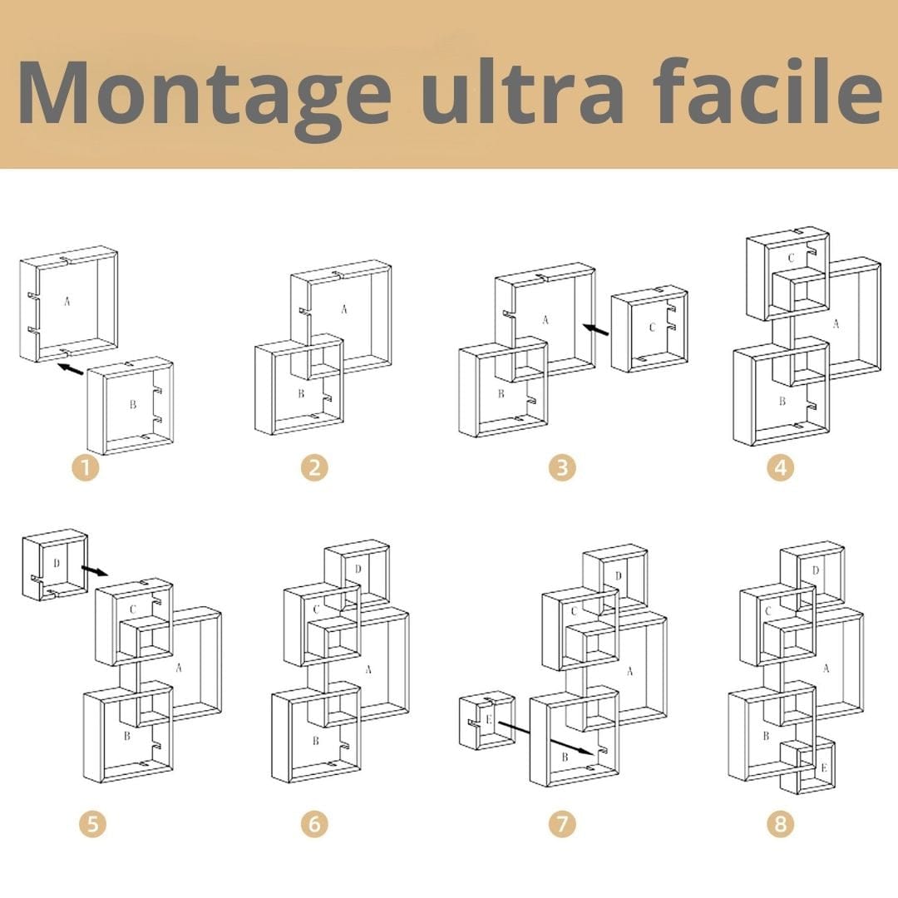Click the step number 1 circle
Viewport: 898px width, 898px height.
[85, 468]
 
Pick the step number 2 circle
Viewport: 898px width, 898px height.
[314, 468]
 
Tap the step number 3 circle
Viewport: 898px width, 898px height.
[562, 468]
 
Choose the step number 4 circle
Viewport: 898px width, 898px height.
[780, 468]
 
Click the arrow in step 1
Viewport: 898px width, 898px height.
[71, 368]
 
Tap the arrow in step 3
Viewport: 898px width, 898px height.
[595, 331]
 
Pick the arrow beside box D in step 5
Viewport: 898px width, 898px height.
[95, 570]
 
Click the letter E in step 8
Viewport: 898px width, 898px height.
[823, 767]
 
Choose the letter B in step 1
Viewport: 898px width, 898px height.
[132, 406]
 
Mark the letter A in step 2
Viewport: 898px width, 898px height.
[343, 309]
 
